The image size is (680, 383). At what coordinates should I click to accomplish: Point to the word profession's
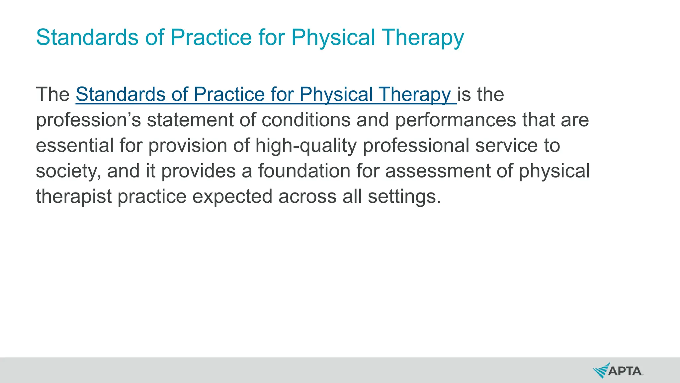pos(88,120)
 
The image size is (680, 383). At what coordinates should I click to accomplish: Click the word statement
pos(190,120)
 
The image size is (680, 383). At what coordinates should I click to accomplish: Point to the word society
pos(68,171)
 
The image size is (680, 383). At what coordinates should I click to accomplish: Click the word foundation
pos(304,171)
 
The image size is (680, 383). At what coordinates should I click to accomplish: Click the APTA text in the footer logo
pos(625,371)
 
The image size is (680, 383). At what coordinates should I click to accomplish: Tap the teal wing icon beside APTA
pos(601,371)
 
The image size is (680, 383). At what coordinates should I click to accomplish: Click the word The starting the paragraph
pos(52,94)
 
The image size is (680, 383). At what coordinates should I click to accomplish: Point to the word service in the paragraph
pos(506,146)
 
